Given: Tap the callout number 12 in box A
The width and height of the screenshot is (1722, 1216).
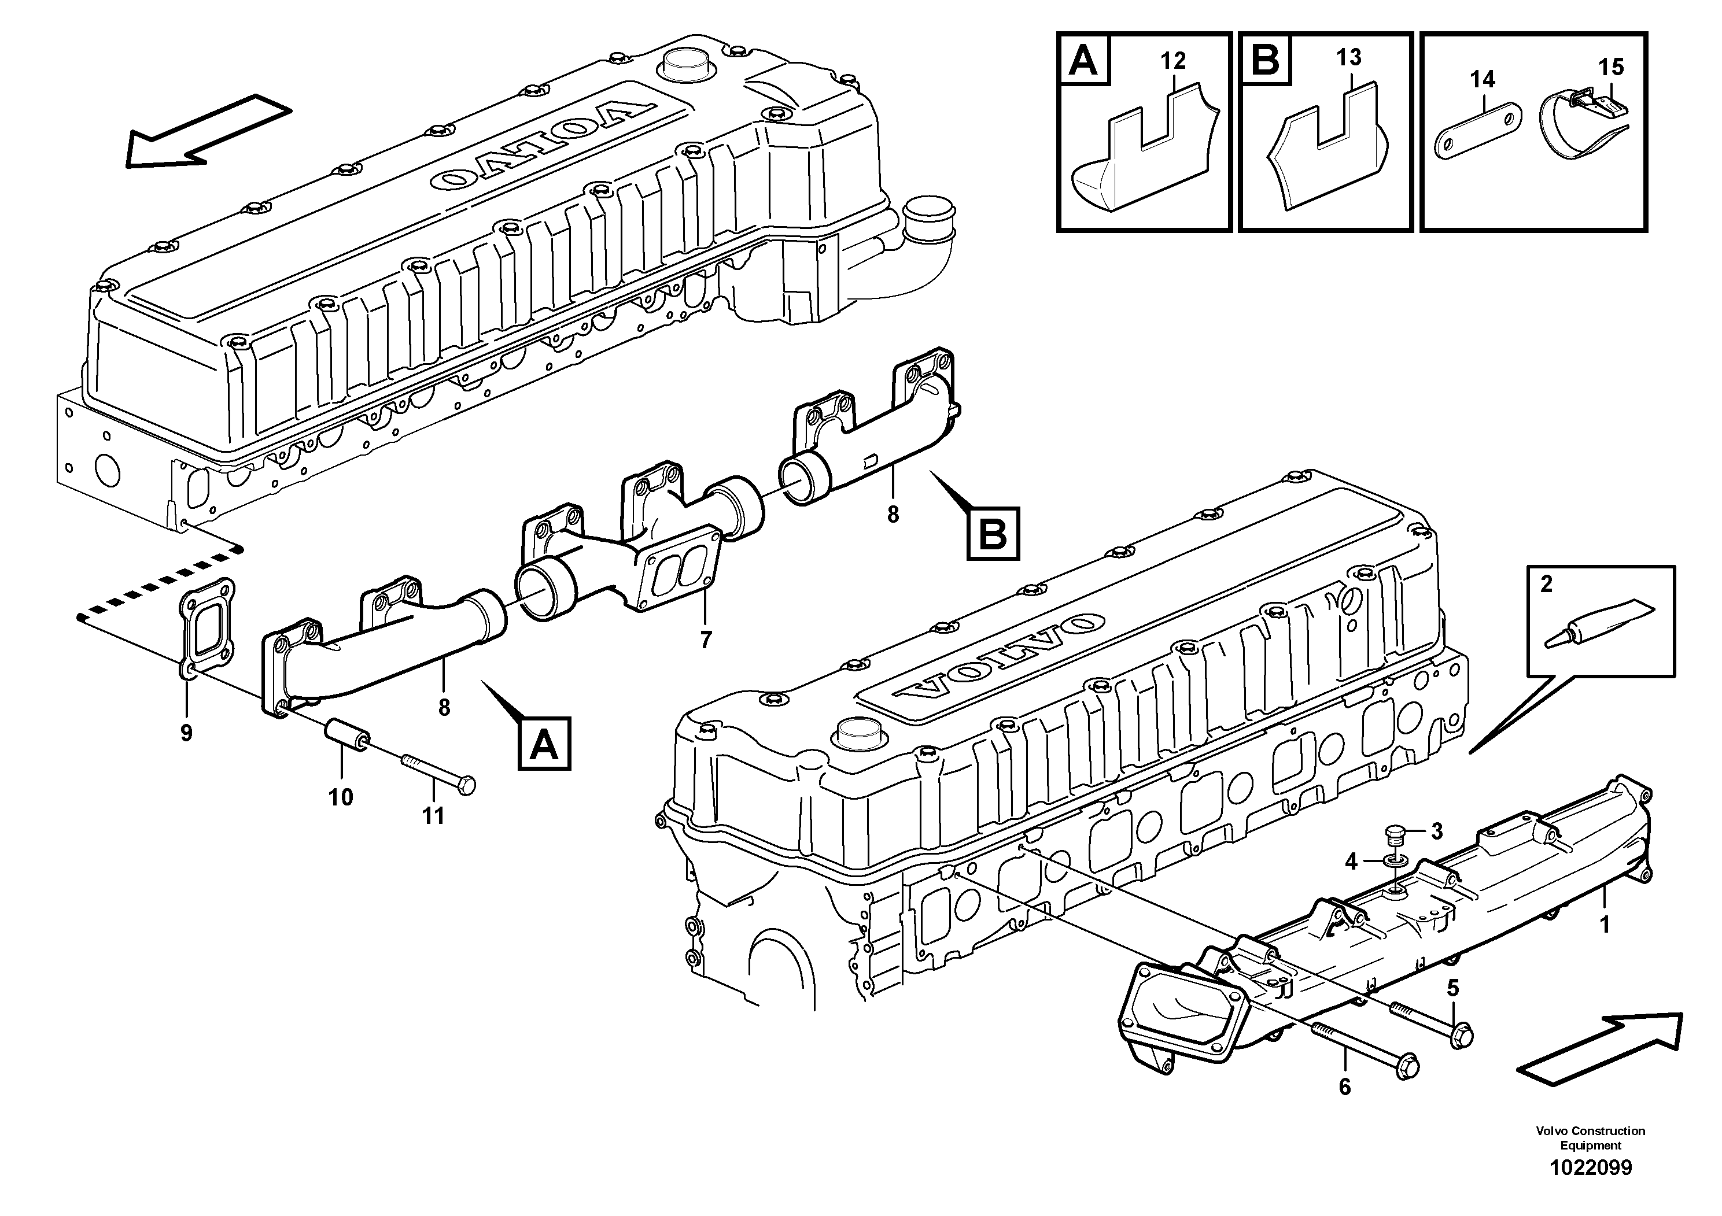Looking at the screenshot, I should (x=1173, y=61).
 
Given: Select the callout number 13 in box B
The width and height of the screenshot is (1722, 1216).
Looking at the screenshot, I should (x=1348, y=57).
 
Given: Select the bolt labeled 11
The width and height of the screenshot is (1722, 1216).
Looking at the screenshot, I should (x=439, y=774).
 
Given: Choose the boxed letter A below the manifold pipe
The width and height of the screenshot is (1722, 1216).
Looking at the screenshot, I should (x=544, y=743).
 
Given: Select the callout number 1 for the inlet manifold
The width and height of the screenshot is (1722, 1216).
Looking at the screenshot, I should (x=1605, y=925).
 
